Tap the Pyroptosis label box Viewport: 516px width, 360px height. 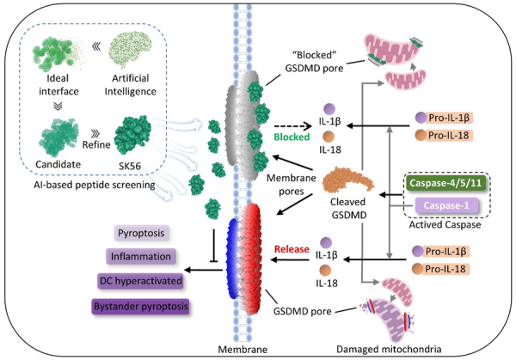click(140, 234)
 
